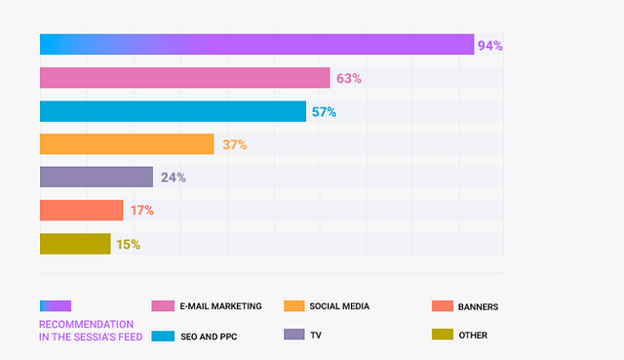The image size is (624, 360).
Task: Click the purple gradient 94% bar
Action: coord(257,44)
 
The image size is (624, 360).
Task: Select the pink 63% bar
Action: coord(185,78)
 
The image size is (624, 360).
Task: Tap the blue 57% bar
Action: coord(174,111)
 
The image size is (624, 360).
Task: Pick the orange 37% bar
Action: coord(127,144)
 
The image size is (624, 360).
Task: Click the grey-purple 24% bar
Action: coord(97,177)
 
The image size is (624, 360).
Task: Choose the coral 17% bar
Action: coord(82,210)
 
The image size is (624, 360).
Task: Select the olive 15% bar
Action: coord(75,244)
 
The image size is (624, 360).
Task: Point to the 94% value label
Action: coord(489,46)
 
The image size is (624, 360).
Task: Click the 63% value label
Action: coord(349,78)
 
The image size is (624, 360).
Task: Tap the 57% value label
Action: coord(324,112)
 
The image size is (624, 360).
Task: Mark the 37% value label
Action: coord(235,144)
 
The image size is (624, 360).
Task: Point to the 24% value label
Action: coord(174,178)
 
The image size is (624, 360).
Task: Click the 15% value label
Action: coord(128,245)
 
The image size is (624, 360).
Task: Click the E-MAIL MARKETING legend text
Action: coord(221,306)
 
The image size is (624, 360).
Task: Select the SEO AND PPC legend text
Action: coord(209,337)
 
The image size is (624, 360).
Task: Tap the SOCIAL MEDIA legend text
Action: coord(339,306)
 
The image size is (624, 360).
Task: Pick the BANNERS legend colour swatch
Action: coord(443,305)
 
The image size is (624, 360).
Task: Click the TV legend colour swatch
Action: coord(294,334)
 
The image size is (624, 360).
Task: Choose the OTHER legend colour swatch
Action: coord(443,334)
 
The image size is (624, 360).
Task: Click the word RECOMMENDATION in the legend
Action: coord(86,324)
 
